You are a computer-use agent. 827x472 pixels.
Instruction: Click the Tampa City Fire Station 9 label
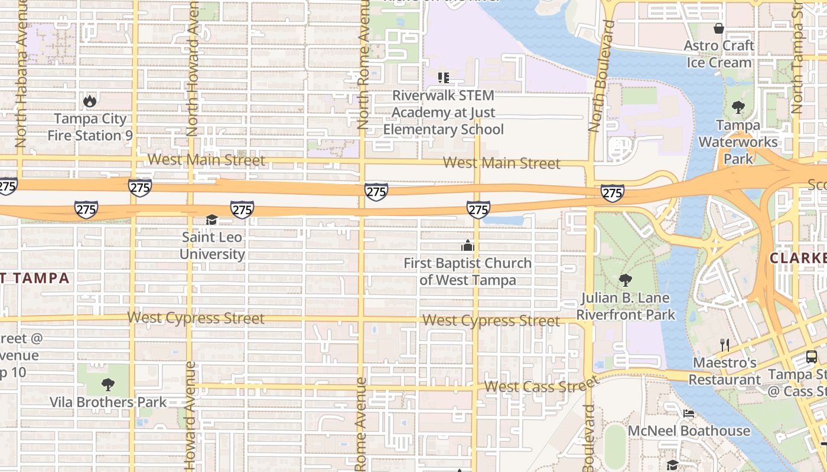[90, 127]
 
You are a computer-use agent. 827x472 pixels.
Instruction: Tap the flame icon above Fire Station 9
[90, 101]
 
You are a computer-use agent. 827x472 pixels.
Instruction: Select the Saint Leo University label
[212, 245]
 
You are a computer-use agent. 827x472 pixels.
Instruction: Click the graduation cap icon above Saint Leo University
[211, 220]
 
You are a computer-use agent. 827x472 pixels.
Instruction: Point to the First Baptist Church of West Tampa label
[467, 271]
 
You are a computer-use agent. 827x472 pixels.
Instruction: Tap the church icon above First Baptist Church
[468, 245]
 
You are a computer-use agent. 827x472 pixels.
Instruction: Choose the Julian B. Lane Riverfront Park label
[626, 306]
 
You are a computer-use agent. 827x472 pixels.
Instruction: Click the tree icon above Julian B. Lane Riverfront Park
[625, 280]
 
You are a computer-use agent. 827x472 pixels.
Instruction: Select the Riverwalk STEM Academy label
[444, 112]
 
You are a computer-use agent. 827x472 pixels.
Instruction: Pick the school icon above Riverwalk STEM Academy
[444, 77]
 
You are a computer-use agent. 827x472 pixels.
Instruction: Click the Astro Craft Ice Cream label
[719, 54]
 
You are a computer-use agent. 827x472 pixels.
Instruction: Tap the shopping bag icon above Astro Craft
[719, 28]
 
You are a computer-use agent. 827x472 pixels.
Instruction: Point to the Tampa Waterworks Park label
[738, 142]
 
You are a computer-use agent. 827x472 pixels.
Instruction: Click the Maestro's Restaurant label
[725, 371]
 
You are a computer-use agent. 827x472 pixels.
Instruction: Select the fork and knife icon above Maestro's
[725, 345]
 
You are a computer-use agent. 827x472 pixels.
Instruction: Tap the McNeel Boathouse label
[689, 431]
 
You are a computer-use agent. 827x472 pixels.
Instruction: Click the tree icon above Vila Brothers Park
[108, 385]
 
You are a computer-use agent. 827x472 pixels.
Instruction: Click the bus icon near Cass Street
[812, 356]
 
